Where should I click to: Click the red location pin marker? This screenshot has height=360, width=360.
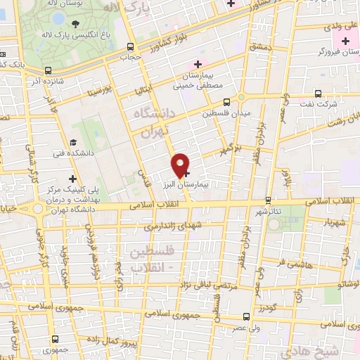(x=181, y=165)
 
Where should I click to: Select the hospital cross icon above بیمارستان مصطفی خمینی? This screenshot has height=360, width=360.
(x=199, y=65)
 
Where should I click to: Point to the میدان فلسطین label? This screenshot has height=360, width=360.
(x=221, y=112)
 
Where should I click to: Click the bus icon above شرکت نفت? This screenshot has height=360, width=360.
(x=318, y=93)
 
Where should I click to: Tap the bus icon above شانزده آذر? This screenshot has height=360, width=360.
(x=48, y=70)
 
